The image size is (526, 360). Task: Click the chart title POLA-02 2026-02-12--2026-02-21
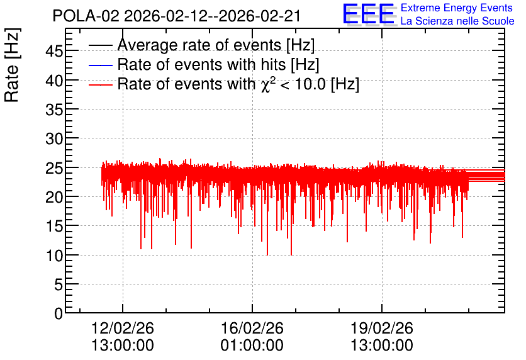click(x=176, y=16)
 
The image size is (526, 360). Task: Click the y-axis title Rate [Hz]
click(x=12, y=65)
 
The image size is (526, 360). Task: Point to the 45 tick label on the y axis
click(x=54, y=52)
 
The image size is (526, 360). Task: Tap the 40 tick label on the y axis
click(x=54, y=81)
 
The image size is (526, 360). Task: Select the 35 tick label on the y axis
click(x=54, y=110)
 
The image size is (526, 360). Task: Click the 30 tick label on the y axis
click(x=54, y=138)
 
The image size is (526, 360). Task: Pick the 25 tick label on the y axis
click(x=54, y=168)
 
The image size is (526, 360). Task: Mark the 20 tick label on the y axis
click(x=54, y=197)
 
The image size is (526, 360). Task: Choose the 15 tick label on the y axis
click(x=54, y=227)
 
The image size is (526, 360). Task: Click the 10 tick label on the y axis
click(x=54, y=256)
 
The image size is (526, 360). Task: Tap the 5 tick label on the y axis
click(x=59, y=285)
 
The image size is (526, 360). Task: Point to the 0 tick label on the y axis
click(x=59, y=313)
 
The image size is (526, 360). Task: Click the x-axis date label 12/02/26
click(x=123, y=328)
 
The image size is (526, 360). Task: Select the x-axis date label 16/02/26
click(x=252, y=328)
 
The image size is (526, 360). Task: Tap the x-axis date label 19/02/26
click(x=382, y=328)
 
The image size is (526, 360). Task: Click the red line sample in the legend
click(x=100, y=85)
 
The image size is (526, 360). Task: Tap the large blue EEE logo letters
click(x=369, y=14)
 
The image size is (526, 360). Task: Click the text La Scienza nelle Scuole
click(x=457, y=21)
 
